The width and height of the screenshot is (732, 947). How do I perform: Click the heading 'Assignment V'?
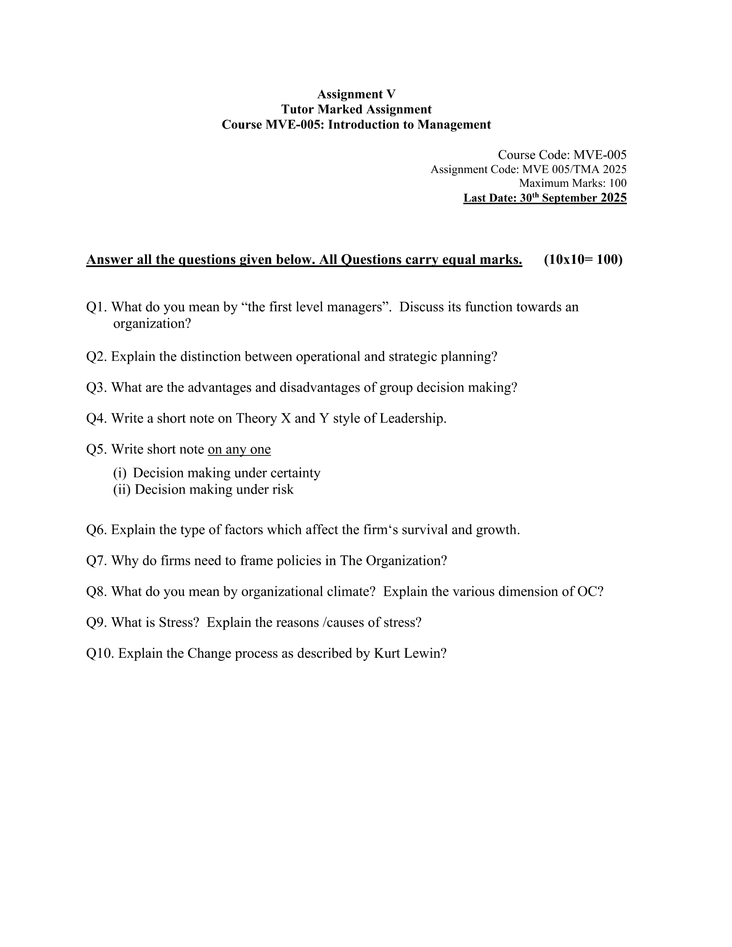(x=356, y=94)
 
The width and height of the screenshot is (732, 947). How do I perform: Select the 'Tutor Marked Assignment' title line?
(x=356, y=109)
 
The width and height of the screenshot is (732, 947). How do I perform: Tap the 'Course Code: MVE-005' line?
(x=561, y=155)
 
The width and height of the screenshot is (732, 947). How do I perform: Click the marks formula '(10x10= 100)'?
(x=583, y=259)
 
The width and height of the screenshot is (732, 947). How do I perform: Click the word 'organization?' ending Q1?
(x=152, y=323)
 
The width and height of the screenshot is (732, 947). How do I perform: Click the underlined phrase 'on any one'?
(x=239, y=449)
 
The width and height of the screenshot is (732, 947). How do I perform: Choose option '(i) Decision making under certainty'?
(x=217, y=473)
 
